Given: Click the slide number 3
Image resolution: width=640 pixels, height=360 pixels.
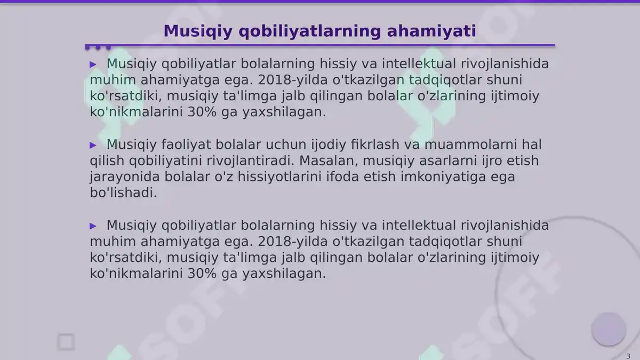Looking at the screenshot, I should click(x=628, y=356).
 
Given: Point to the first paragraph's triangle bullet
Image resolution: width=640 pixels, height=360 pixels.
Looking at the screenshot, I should click(x=93, y=65).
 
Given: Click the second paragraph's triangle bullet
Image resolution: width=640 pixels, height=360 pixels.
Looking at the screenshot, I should click(x=93, y=145).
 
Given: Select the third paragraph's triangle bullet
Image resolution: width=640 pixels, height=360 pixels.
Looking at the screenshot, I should click(x=93, y=226).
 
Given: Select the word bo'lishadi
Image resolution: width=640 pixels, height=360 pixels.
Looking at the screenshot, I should click(x=123, y=193).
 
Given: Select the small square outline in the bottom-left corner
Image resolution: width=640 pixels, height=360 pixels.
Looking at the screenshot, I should click(x=66, y=342).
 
